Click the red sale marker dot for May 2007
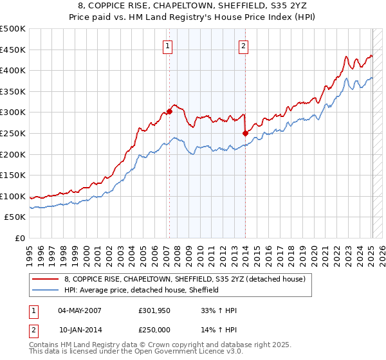click(x=169, y=111)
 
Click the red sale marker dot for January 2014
click(x=245, y=133)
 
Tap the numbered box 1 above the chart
click(x=168, y=46)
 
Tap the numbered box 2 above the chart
click(x=244, y=46)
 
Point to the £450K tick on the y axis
click(x=14, y=50)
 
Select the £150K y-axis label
click(x=14, y=175)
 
